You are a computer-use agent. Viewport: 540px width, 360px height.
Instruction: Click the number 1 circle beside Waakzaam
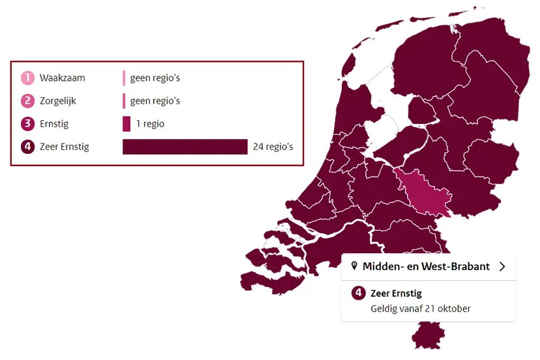coord(27,78)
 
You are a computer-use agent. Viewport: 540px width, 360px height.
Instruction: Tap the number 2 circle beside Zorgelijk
coord(27,101)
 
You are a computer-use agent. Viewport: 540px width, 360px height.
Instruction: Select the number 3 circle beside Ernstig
coord(27,124)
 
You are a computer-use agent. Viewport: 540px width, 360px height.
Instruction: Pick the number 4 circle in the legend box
coord(27,147)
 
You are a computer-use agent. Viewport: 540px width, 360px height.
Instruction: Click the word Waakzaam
coord(62,78)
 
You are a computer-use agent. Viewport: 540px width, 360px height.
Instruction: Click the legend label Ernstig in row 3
coord(54,124)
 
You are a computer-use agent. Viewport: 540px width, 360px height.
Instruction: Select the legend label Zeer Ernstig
coord(64,147)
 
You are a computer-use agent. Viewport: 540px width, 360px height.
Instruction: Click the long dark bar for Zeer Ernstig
coord(185,147)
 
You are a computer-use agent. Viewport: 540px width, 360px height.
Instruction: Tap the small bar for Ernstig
coord(127,124)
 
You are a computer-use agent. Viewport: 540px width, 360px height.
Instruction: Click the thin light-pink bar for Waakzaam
coord(124,78)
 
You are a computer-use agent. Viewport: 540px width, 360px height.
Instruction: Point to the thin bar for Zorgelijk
coord(124,101)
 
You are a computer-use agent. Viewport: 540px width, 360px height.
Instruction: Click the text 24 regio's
coord(273,147)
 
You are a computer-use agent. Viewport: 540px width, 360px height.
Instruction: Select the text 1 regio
coord(151,124)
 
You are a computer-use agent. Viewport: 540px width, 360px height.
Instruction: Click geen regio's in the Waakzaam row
coord(155,78)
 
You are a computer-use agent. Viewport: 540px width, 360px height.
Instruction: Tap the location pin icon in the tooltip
coord(354,266)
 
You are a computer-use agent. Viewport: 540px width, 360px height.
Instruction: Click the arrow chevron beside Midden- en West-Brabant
coord(502,266)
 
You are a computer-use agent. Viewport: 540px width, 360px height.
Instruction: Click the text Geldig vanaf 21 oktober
coord(420,308)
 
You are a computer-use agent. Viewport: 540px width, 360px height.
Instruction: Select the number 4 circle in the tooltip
coord(358,293)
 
